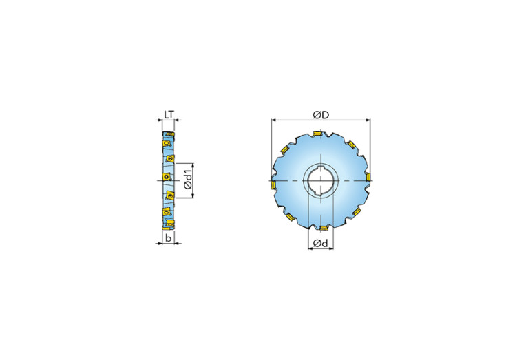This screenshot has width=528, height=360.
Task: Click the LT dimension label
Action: [169, 115]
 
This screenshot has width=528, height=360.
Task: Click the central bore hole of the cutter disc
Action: [320, 181]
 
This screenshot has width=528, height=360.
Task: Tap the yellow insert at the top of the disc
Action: [319, 134]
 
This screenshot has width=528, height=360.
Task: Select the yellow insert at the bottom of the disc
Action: [322, 227]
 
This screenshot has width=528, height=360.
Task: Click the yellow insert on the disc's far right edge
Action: [368, 179]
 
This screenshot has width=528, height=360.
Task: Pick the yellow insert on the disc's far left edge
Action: [273, 184]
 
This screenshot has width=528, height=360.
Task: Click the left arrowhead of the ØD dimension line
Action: [273, 120]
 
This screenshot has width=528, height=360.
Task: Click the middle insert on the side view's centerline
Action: [166, 179]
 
